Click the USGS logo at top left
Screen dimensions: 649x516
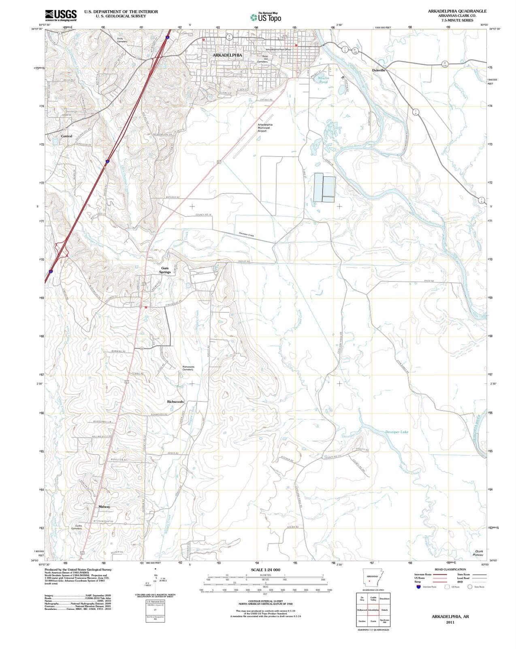[x=61, y=15]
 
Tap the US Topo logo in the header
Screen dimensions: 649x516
[x=266, y=17]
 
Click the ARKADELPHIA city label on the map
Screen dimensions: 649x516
[x=227, y=55]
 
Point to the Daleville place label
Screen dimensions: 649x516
[x=378, y=70]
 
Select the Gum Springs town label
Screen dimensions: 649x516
[x=165, y=270]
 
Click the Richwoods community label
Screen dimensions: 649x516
[x=175, y=402]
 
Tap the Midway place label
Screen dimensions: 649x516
[x=104, y=507]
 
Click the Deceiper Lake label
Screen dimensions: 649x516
[x=397, y=432]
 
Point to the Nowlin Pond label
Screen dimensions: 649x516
[x=323, y=80]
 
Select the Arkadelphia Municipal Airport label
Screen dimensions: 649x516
[x=265, y=128]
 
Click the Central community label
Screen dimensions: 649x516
[x=66, y=136]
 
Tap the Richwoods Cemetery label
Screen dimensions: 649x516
[x=188, y=368]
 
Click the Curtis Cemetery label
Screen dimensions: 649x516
[x=77, y=527]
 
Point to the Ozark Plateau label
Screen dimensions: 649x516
[x=478, y=553]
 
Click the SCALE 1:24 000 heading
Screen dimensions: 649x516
[x=265, y=570]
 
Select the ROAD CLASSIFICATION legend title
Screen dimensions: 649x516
[x=450, y=569]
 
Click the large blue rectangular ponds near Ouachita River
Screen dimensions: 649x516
[x=324, y=187]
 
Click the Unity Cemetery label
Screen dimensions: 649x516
[x=122, y=40]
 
